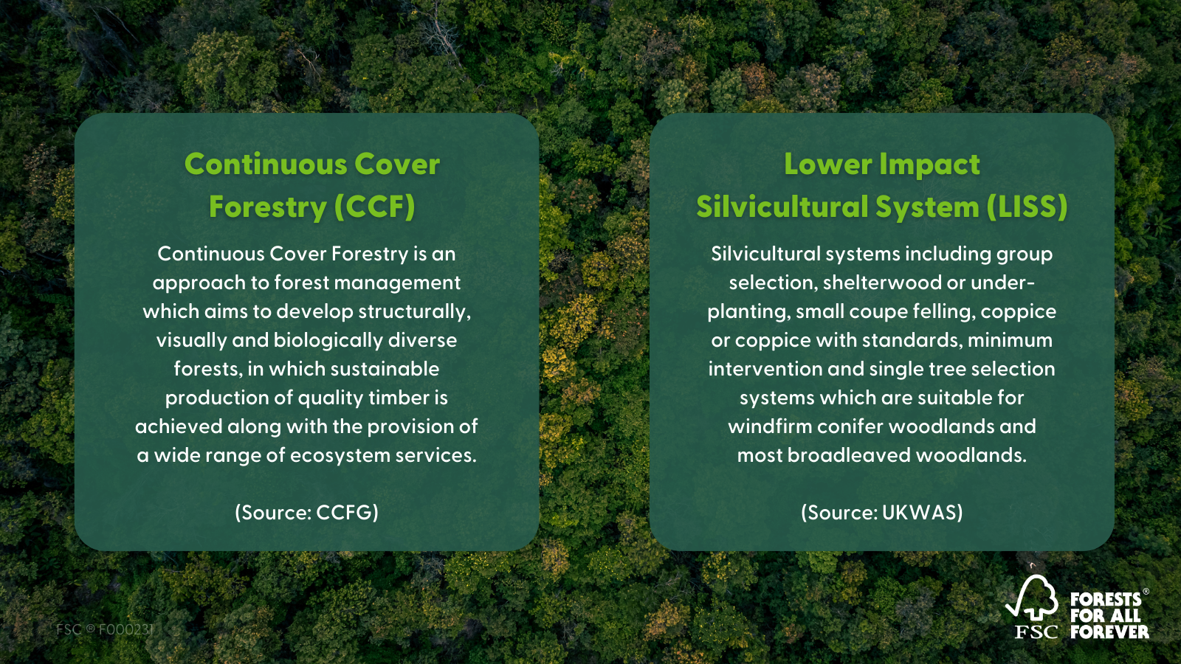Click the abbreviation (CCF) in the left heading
[x=374, y=207]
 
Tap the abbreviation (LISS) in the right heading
[x=1027, y=207]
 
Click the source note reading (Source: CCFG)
[x=306, y=513]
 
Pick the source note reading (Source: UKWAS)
[x=882, y=513]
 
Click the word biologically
[x=329, y=341]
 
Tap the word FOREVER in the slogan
[x=1109, y=632]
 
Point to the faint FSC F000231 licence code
[x=105, y=629]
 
